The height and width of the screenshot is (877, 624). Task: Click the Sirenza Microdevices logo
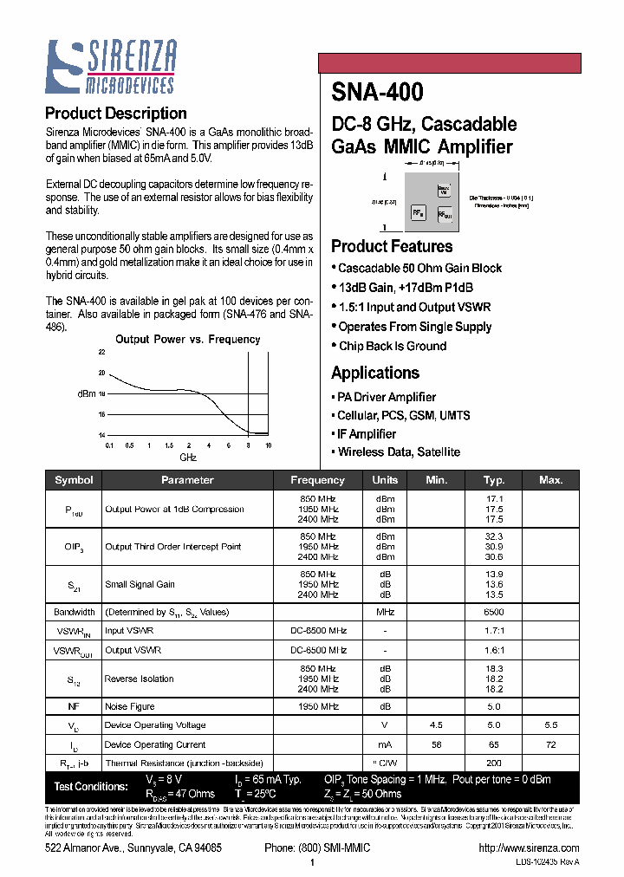pyautogui.click(x=111, y=67)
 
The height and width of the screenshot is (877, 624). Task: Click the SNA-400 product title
pyautogui.click(x=377, y=92)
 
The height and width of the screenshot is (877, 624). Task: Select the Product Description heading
pyautogui.click(x=115, y=114)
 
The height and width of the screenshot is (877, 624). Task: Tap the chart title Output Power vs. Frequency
pyautogui.click(x=187, y=340)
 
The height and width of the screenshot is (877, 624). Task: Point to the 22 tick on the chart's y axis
pyautogui.click(x=101, y=353)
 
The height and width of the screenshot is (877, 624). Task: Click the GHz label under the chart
pyautogui.click(x=188, y=457)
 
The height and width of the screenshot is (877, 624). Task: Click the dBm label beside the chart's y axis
pyautogui.click(x=86, y=393)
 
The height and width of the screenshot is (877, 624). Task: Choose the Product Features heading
pyautogui.click(x=392, y=246)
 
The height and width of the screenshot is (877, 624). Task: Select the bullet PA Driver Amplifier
pyautogui.click(x=387, y=397)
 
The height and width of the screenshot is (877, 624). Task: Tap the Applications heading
pyautogui.click(x=375, y=373)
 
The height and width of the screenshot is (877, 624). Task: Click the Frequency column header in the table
pyautogui.click(x=317, y=480)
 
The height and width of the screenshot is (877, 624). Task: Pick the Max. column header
pyautogui.click(x=550, y=480)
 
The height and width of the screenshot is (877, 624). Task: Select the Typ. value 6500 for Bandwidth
pyautogui.click(x=495, y=612)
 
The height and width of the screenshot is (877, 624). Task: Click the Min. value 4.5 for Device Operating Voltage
pyautogui.click(x=437, y=725)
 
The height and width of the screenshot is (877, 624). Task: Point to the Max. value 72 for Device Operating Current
pyautogui.click(x=550, y=744)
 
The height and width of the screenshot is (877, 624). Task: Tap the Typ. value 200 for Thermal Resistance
pyautogui.click(x=495, y=763)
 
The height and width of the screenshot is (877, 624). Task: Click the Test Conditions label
pyautogui.click(x=91, y=786)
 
